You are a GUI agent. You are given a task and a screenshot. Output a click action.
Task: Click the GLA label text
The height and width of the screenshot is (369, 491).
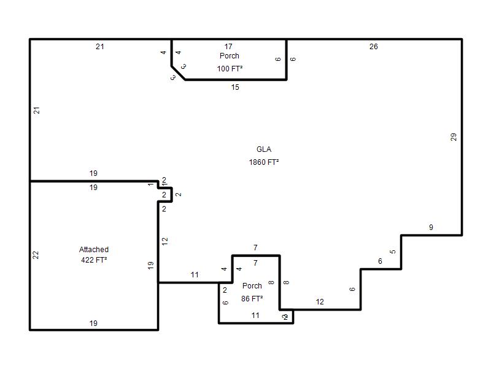click(264, 149)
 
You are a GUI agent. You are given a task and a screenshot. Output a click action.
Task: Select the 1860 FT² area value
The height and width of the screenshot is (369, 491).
click(264, 162)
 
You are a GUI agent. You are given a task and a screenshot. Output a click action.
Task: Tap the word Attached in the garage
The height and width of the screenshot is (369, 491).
click(94, 250)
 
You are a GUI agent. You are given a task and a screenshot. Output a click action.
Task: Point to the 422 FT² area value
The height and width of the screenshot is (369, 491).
click(94, 260)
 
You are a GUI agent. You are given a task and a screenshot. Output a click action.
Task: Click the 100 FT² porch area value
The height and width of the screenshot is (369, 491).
click(230, 68)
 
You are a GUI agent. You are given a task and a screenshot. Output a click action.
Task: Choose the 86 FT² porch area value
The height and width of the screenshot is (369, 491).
click(252, 298)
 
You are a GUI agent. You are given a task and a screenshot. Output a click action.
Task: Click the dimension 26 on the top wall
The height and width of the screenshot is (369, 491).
click(374, 47)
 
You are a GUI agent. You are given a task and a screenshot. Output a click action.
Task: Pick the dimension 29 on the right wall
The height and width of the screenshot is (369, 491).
click(454, 137)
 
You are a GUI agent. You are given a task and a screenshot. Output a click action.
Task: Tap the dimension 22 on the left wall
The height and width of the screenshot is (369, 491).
click(36, 255)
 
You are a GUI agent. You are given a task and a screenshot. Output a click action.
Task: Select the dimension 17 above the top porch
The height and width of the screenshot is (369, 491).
click(228, 47)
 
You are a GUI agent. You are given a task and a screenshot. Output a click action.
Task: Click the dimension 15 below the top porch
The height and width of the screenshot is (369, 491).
click(235, 87)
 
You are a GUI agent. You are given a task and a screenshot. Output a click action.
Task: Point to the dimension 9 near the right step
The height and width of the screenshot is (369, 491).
click(431, 228)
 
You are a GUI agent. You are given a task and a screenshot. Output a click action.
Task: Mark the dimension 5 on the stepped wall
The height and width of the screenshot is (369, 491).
click(393, 252)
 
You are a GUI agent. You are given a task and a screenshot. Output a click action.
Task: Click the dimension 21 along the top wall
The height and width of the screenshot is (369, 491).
click(100, 47)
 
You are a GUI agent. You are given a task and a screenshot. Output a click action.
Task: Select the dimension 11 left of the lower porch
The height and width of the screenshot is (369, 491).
click(195, 275)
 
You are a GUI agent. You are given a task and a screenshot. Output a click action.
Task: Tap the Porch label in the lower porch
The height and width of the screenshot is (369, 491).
click(252, 286)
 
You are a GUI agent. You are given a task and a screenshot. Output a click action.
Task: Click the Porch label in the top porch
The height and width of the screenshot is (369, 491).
click(230, 56)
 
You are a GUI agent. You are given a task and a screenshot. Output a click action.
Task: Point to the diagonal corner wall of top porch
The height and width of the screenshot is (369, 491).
click(178, 73)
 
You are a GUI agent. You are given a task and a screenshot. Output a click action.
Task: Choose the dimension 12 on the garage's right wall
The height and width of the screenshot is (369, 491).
click(164, 241)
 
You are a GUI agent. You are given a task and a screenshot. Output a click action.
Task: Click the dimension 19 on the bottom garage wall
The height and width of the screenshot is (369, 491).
click(93, 323)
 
